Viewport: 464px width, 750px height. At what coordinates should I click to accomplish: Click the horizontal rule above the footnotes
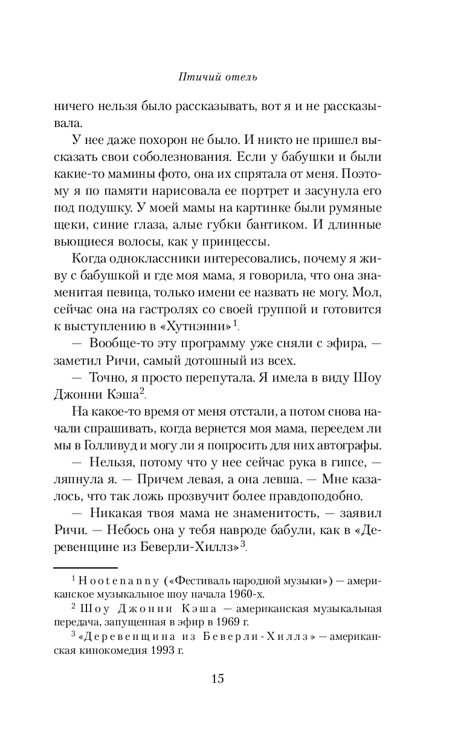tap(85, 568)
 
